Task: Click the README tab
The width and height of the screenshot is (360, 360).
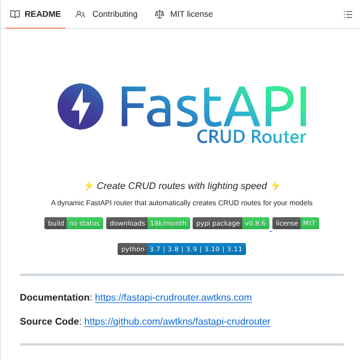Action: click(36, 14)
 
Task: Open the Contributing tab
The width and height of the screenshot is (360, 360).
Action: click(107, 14)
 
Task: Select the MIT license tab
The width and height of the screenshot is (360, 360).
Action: click(184, 14)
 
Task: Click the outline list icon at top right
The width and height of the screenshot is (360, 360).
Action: click(347, 14)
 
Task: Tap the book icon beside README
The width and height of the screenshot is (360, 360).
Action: click(15, 14)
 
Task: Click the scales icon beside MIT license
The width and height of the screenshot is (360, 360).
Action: click(159, 14)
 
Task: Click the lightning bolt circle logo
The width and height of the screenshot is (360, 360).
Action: click(80, 107)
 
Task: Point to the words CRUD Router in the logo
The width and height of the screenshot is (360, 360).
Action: click(251, 137)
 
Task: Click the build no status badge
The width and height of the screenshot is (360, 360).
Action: click(74, 223)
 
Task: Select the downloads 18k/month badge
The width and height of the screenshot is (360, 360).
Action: click(148, 223)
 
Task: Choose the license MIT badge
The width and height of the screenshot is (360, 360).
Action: click(296, 223)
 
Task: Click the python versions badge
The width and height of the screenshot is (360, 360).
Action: click(182, 249)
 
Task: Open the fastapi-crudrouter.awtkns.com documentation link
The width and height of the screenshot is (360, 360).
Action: click(173, 298)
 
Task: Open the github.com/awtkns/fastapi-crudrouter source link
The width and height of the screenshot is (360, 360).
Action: click(177, 322)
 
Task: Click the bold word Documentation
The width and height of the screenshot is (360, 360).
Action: click(55, 298)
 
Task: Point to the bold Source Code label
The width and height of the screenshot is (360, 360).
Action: click(49, 322)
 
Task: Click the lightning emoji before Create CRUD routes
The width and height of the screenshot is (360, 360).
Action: click(88, 185)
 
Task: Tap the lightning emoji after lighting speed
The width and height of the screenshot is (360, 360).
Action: click(275, 185)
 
